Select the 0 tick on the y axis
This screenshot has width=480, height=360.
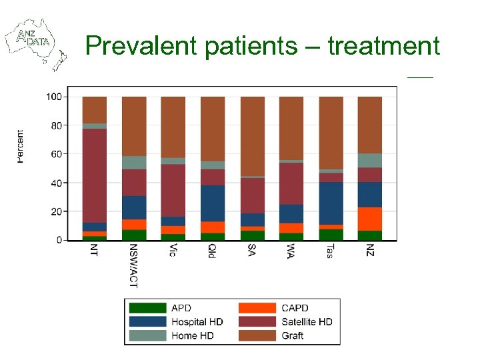pyautogui.click(x=59, y=240)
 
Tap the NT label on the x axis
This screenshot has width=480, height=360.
pyautogui.click(x=94, y=251)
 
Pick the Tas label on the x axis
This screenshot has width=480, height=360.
pyautogui.click(x=330, y=251)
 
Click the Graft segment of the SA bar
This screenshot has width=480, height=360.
pyautogui.click(x=252, y=136)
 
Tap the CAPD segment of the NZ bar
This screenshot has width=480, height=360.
pyautogui.click(x=370, y=219)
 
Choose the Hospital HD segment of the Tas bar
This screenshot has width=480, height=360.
pyautogui.click(x=331, y=203)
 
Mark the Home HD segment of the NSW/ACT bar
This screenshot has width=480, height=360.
pyautogui.click(x=133, y=163)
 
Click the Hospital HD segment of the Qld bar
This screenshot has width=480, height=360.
pyautogui.click(x=213, y=203)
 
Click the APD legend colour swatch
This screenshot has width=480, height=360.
pyautogui.click(x=147, y=308)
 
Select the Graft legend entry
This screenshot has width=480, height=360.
pyautogui.click(x=292, y=335)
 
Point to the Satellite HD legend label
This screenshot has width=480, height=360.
pyautogui.click(x=307, y=322)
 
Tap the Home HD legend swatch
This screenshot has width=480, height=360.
pyautogui.click(x=147, y=335)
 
